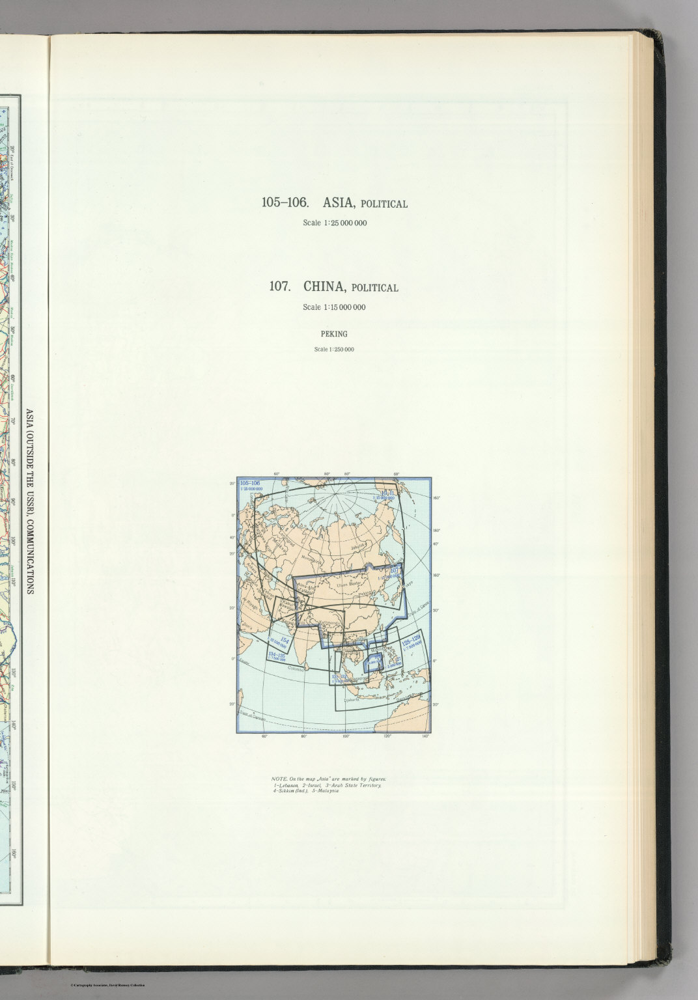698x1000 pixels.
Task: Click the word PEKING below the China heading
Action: pos(334,334)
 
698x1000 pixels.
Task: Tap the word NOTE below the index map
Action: pos(279,779)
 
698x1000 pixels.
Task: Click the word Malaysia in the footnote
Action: pos(326,792)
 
